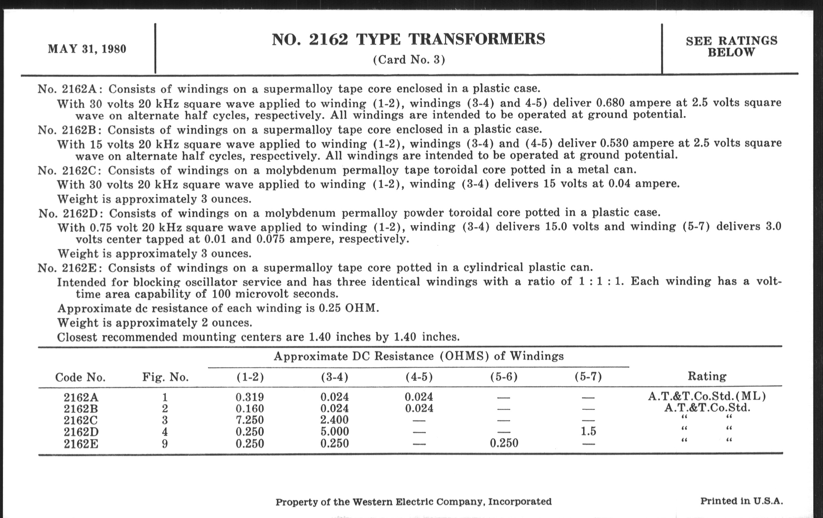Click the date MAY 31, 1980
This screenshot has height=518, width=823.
pyautogui.click(x=87, y=49)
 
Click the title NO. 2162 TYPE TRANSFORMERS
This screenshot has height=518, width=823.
pyautogui.click(x=408, y=39)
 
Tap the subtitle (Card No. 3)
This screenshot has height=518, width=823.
pyautogui.click(x=409, y=60)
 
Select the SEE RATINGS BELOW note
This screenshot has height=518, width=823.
pyautogui.click(x=731, y=46)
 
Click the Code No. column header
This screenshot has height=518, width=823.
pyautogui.click(x=80, y=377)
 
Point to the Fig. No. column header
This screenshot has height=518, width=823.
pyautogui.click(x=165, y=377)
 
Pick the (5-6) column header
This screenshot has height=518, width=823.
pyautogui.click(x=504, y=377)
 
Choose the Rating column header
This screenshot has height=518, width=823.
pyautogui.click(x=707, y=376)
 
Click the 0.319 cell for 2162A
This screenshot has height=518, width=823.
pyautogui.click(x=249, y=397)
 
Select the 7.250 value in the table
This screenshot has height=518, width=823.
pyautogui.click(x=249, y=420)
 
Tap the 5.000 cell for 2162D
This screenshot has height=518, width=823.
pyautogui.click(x=335, y=431)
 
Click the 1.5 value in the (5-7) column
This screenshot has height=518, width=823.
pyautogui.click(x=588, y=431)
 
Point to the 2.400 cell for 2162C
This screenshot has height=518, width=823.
pyautogui.click(x=335, y=420)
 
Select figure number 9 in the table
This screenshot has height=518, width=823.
pyautogui.click(x=165, y=444)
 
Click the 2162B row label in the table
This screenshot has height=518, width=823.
pyautogui.click(x=81, y=409)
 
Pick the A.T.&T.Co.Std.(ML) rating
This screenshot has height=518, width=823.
pyautogui.click(x=707, y=396)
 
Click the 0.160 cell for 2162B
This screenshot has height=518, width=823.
pyautogui.click(x=249, y=409)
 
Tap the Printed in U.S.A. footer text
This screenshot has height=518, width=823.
pyautogui.click(x=741, y=501)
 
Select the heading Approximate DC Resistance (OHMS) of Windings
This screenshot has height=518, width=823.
pyautogui.click(x=419, y=356)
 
